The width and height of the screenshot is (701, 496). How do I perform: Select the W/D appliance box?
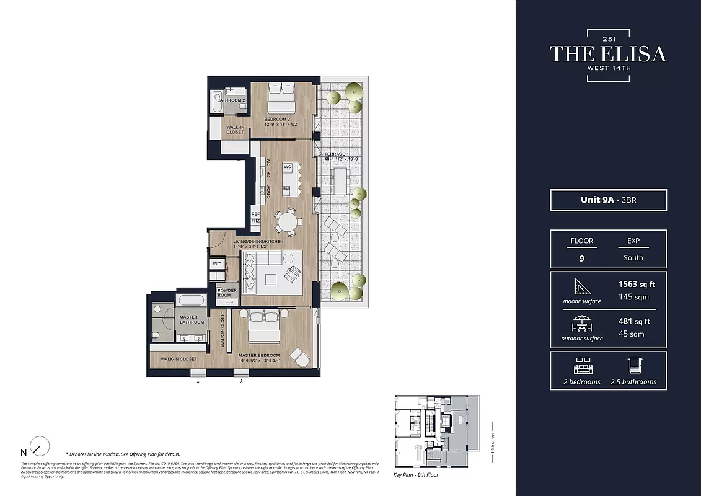(x=218, y=264)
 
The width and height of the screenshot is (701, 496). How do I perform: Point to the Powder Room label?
(x=224, y=292)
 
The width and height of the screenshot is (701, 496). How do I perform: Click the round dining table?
(x=288, y=221)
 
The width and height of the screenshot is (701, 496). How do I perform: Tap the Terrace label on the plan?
(x=335, y=154)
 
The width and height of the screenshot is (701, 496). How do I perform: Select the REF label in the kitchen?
(x=255, y=213)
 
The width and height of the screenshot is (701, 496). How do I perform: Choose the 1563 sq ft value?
(x=636, y=285)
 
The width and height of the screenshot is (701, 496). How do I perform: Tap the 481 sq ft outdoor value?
(x=633, y=321)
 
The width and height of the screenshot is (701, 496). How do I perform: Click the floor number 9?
(x=581, y=259)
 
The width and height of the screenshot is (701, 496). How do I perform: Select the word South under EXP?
(x=633, y=258)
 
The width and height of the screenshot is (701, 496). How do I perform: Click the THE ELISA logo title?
(x=607, y=54)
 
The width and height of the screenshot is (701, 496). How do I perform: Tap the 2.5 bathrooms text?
(x=633, y=381)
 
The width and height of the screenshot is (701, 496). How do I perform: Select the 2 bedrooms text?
(x=581, y=381)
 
